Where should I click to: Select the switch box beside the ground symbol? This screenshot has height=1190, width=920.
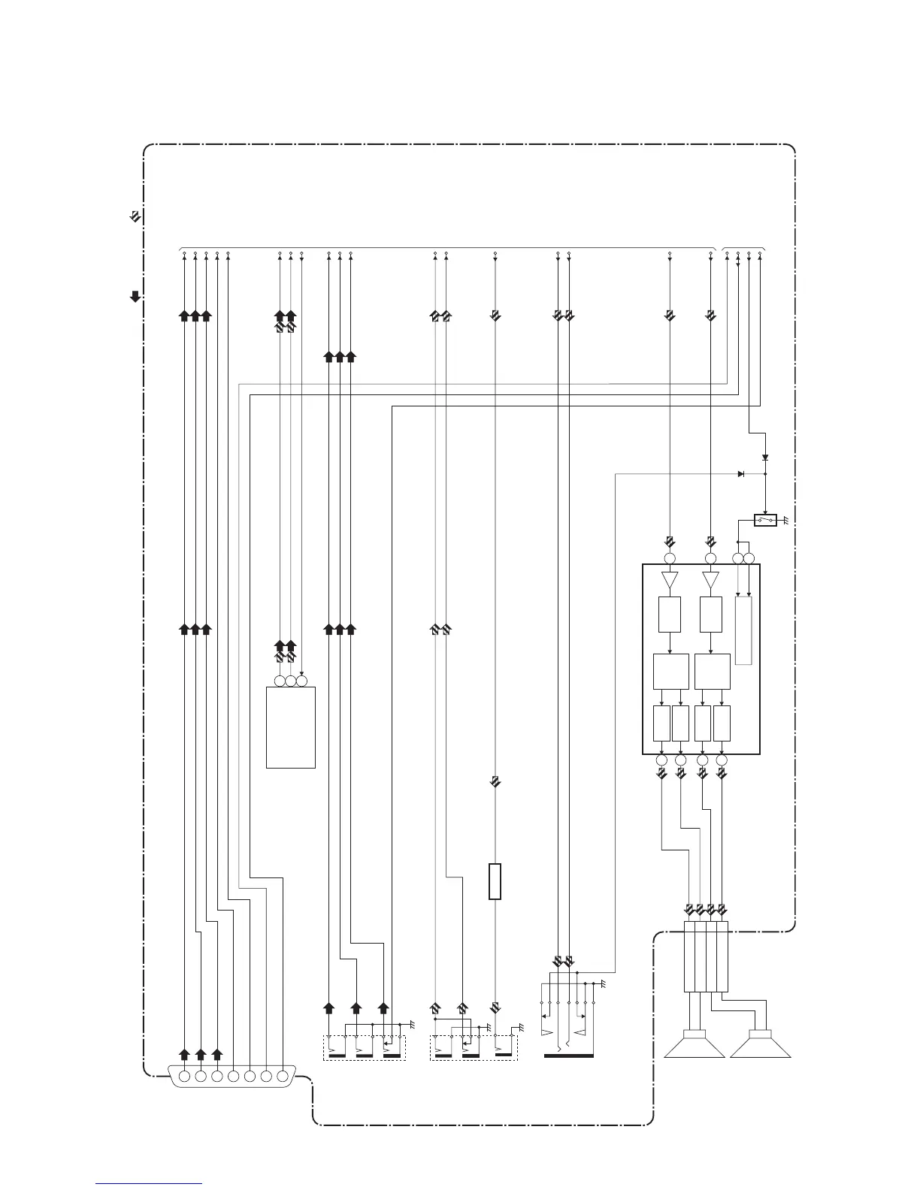click(765, 520)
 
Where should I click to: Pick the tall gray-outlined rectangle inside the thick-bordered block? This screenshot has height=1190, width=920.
click(743, 630)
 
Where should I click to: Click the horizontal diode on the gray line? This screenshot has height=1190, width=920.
click(741, 474)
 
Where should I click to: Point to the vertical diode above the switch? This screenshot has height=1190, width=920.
click(765, 458)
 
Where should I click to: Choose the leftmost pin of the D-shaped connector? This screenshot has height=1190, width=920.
click(184, 1077)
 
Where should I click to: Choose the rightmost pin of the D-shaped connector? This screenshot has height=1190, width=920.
click(282, 1077)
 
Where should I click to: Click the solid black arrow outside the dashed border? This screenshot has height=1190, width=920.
click(135, 296)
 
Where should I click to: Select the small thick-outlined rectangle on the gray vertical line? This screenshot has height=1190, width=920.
click(495, 881)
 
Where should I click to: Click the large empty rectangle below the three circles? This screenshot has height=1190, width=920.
click(291, 726)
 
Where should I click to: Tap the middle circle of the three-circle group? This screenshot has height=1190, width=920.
click(291, 681)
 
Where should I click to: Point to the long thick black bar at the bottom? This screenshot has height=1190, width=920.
click(568, 1056)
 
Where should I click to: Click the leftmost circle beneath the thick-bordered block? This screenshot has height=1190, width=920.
click(661, 760)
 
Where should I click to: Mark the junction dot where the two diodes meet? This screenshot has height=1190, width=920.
click(765, 474)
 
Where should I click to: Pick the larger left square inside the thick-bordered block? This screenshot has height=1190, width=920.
click(671, 672)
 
